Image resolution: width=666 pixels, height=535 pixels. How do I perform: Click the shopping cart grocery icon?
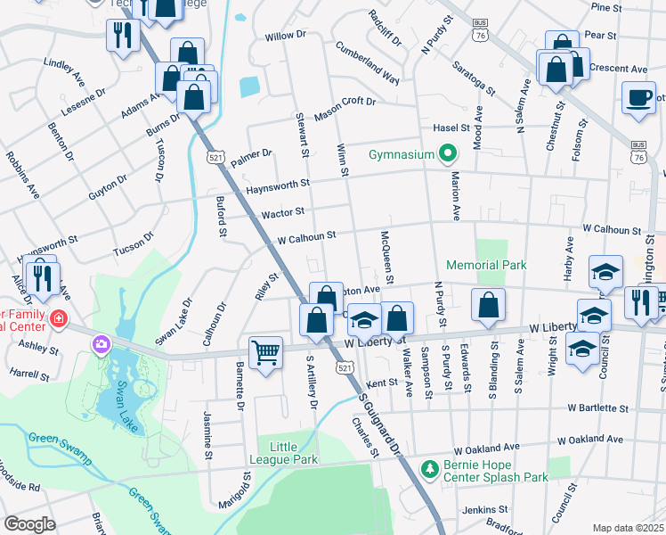pos(265,353)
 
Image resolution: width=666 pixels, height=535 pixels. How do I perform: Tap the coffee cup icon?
pos(638,97)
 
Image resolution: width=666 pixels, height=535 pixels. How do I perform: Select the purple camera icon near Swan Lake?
pos(101,343)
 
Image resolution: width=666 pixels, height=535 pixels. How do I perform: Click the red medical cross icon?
pos(59,318)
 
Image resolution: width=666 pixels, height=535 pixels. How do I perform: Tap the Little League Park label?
pos(288,452)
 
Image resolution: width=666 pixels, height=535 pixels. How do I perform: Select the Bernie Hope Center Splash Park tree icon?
pos(430,468)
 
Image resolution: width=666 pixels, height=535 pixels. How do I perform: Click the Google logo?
pos(29,524)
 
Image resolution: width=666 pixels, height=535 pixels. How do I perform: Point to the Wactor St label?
pos(283,212)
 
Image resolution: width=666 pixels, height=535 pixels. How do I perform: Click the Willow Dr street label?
pos(286,37)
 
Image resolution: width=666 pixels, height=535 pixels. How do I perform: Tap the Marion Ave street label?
pos(455,195)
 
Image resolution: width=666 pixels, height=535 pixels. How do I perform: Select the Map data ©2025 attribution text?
pos(628,528)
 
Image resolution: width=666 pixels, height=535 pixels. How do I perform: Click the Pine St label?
pos(605,6)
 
